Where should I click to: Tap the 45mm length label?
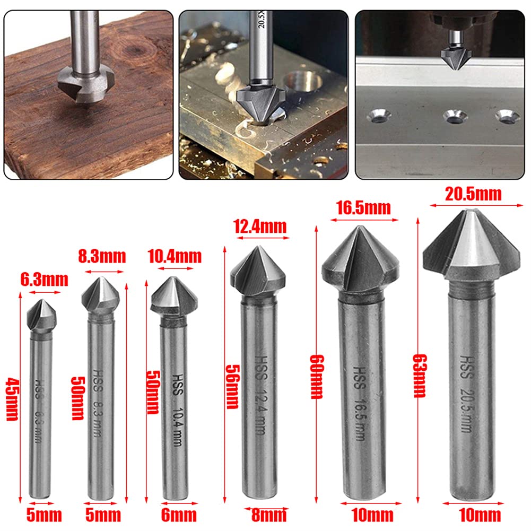[12, 398]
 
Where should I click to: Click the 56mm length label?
[232, 386]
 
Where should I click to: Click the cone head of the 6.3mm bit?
[41, 317]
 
